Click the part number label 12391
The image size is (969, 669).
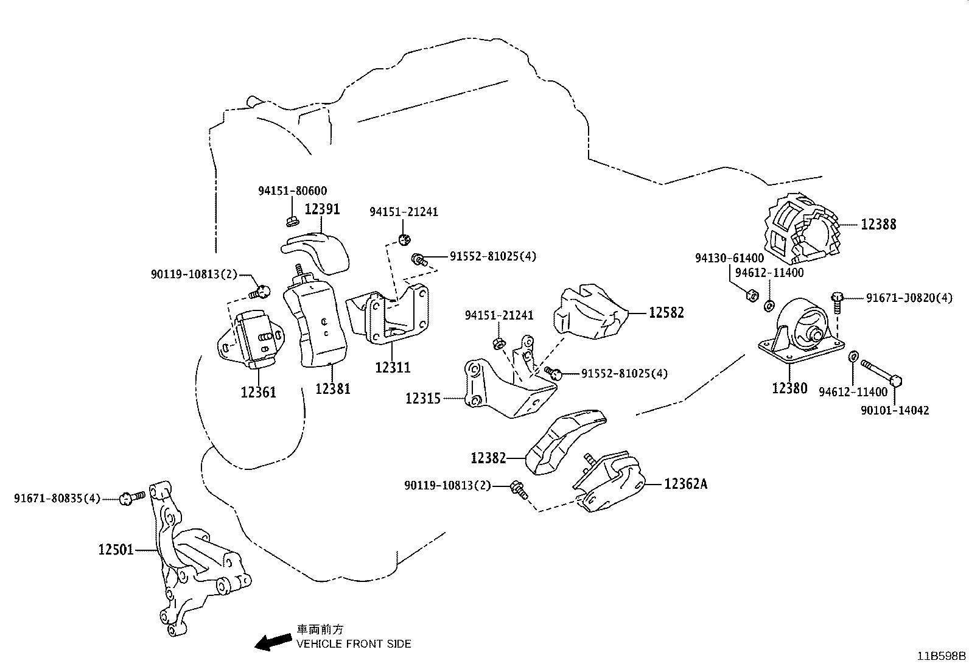[x=322, y=209]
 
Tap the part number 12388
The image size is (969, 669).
[x=878, y=224]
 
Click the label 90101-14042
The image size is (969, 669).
[x=895, y=410]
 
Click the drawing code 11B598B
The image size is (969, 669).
[x=942, y=656]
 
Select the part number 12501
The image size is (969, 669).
[x=116, y=550]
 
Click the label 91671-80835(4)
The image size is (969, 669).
[x=57, y=499]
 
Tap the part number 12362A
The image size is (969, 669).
[x=686, y=484]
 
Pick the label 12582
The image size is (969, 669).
[x=666, y=313]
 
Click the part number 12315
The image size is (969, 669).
[x=423, y=399]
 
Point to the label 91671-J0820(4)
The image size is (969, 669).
[x=909, y=298]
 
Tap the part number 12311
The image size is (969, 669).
[x=392, y=367]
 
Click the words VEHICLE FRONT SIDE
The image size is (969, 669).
[x=354, y=643]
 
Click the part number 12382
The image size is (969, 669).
[x=488, y=457]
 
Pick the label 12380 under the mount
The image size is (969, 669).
[x=789, y=388]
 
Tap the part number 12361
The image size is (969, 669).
[x=258, y=391]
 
